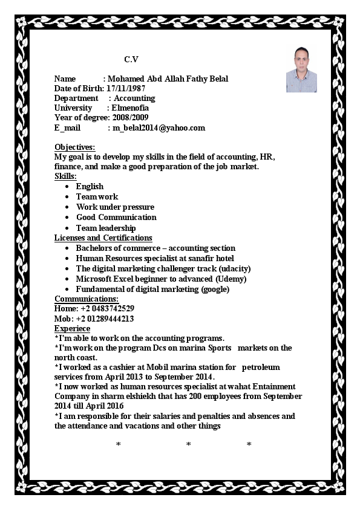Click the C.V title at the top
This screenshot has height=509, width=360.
click(x=131, y=59)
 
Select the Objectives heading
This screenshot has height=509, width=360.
click(x=74, y=148)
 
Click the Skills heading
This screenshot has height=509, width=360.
click(x=65, y=177)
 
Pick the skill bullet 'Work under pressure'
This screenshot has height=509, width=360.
click(x=115, y=207)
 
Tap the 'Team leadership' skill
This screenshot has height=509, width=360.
click(x=106, y=228)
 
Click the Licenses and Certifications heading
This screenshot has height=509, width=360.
click(x=103, y=238)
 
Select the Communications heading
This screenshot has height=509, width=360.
click(x=87, y=299)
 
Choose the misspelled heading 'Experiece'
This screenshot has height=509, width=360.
click(x=72, y=328)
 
